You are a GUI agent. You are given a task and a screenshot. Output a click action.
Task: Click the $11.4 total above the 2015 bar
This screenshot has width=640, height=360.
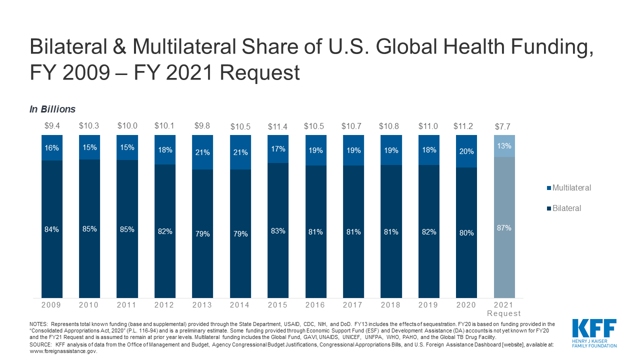click(278, 126)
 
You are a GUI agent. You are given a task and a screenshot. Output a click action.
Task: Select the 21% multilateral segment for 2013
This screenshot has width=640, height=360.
click(202, 152)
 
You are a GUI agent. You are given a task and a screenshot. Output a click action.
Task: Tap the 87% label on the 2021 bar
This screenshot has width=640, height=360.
click(504, 228)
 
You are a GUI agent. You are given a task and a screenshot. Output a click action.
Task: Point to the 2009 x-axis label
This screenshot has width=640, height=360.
click(51, 304)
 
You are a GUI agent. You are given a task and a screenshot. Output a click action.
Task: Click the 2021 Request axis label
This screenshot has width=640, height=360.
click(504, 309)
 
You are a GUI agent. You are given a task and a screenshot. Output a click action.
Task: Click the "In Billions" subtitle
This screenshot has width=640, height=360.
click(52, 109)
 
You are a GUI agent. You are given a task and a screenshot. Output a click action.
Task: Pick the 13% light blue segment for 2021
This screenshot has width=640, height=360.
click(504, 146)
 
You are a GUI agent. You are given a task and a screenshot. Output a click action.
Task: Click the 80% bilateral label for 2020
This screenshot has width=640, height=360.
click(466, 232)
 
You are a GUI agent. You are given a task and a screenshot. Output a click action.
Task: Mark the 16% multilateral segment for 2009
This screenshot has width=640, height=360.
click(51, 148)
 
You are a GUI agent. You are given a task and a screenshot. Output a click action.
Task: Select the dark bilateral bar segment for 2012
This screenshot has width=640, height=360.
click(165, 231)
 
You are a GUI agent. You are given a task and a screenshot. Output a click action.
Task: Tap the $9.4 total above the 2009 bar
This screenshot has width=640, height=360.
click(51, 126)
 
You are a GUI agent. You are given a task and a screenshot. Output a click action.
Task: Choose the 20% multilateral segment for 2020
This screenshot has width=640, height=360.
click(466, 151)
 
